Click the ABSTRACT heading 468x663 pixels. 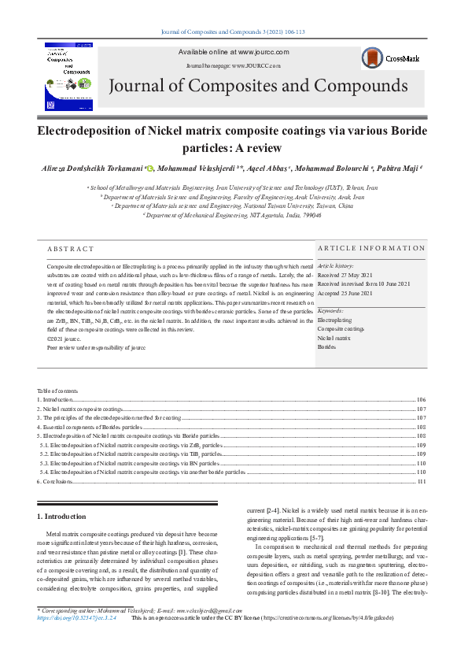click(71, 250)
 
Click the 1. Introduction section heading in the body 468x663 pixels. click(62, 516)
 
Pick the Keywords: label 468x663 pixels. click(330, 312)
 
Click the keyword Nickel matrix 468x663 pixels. click(335, 338)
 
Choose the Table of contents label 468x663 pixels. click(57, 391)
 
